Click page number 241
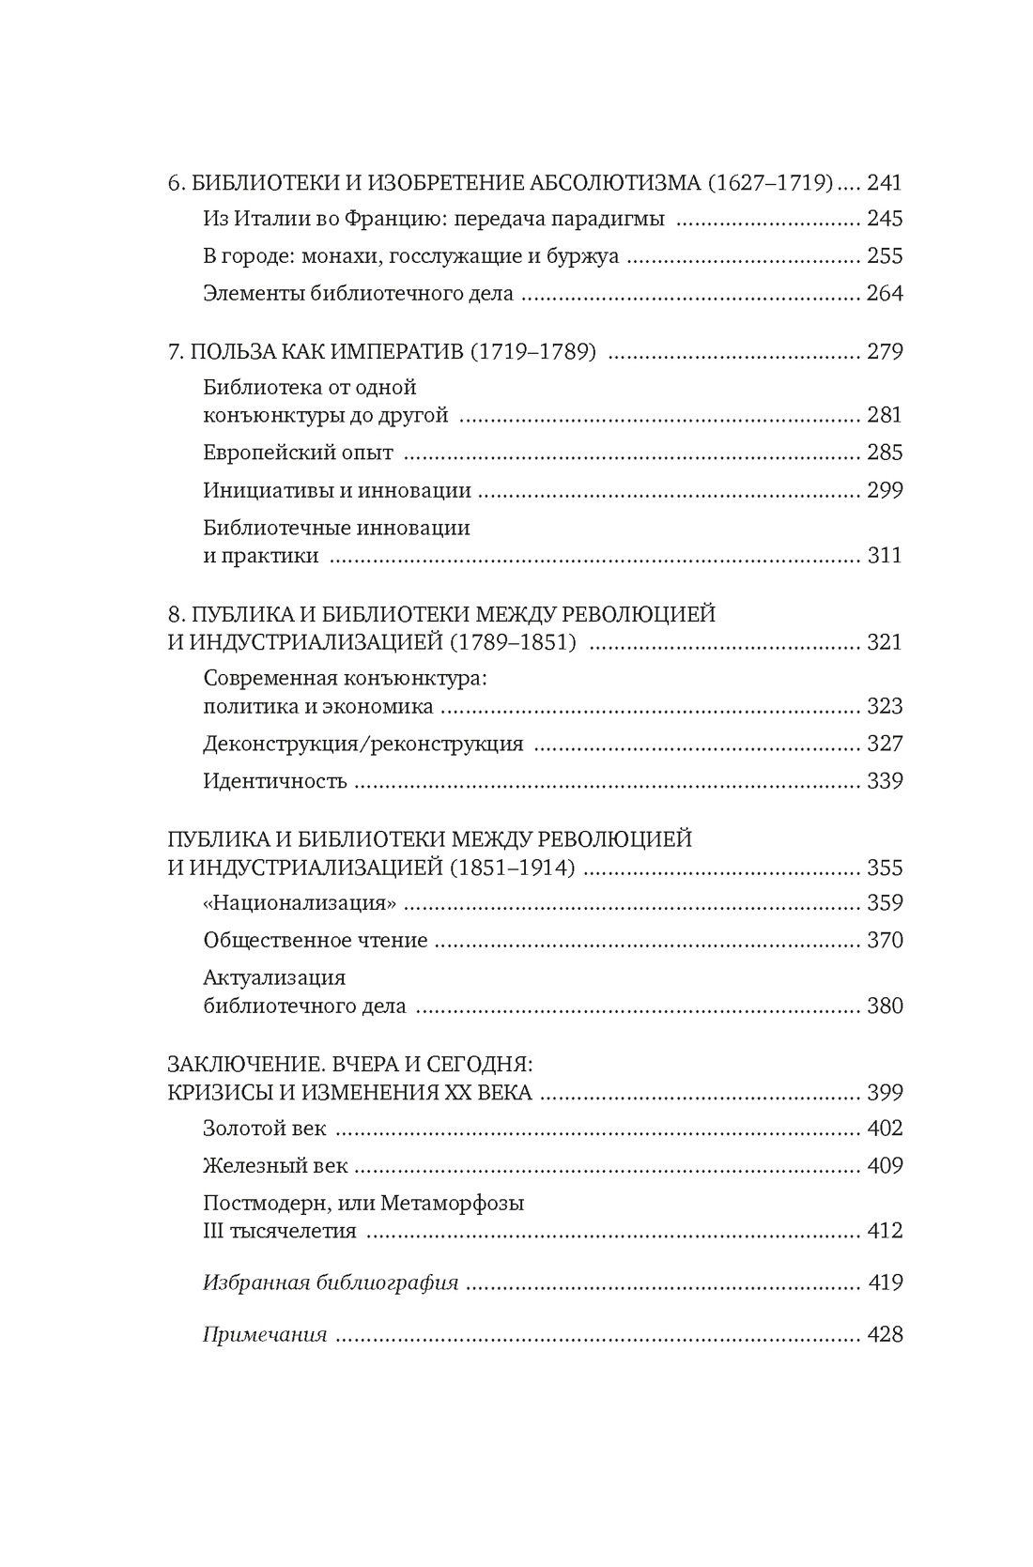click(x=884, y=182)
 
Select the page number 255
click(x=884, y=255)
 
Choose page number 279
click(x=884, y=352)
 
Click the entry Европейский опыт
click(x=298, y=453)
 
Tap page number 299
click(x=884, y=490)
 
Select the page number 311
click(x=884, y=555)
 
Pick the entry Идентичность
click(x=275, y=781)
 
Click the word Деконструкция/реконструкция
click(x=362, y=744)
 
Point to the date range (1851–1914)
click(x=512, y=868)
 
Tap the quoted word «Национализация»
click(x=299, y=903)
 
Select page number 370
click(x=884, y=940)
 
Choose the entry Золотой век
click(x=264, y=1129)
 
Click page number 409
click(x=884, y=1166)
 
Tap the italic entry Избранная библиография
click(x=331, y=1283)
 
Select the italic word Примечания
click(x=265, y=1334)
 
